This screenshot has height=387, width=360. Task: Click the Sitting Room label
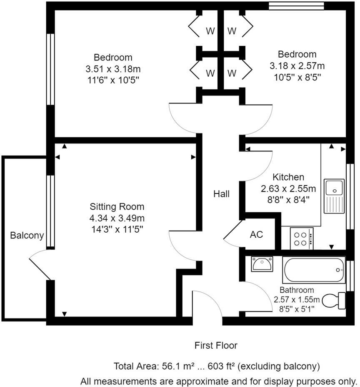(117, 206)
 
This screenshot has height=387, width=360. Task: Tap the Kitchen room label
(288, 177)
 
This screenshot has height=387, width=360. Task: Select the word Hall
(221, 193)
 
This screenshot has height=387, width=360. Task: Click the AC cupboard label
(256, 234)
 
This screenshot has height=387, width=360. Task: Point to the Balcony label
(27, 236)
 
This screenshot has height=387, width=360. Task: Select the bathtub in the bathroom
(314, 270)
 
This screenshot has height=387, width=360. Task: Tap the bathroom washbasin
(262, 264)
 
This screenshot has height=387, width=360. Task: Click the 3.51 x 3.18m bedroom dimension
(113, 68)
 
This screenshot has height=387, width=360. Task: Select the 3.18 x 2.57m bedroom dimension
(297, 65)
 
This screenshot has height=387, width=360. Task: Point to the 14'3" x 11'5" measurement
(117, 228)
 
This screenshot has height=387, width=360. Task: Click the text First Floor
(216, 345)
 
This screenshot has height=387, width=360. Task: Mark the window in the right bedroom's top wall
(296, 5)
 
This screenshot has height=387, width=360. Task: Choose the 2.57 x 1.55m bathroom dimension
(297, 299)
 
